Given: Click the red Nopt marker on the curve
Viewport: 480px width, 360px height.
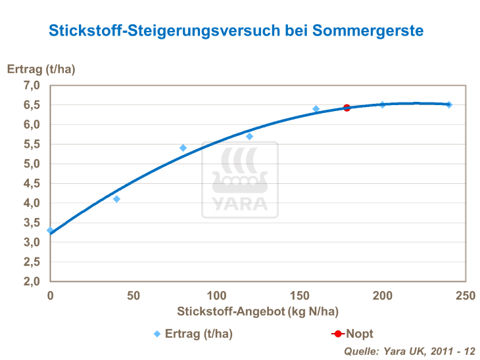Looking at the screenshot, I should pos(347,108).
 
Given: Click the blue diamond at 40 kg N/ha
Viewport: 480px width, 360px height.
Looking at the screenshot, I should pos(116,199).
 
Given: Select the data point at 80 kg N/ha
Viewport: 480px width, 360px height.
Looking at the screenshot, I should pos(183,148).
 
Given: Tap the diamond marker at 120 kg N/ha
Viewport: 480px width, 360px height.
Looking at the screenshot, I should pos(249,136).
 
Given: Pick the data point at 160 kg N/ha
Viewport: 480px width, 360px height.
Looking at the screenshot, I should pos(316,108).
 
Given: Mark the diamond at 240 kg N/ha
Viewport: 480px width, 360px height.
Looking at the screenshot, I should pos(448,104).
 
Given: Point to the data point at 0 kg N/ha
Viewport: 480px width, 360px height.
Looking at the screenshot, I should pos(50,231).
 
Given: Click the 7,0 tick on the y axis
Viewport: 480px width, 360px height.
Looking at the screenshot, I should pos(32,85).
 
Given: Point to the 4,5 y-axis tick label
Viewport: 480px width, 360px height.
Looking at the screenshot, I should pos(32,183).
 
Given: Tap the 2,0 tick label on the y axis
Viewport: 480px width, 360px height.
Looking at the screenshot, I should pos(32,281).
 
